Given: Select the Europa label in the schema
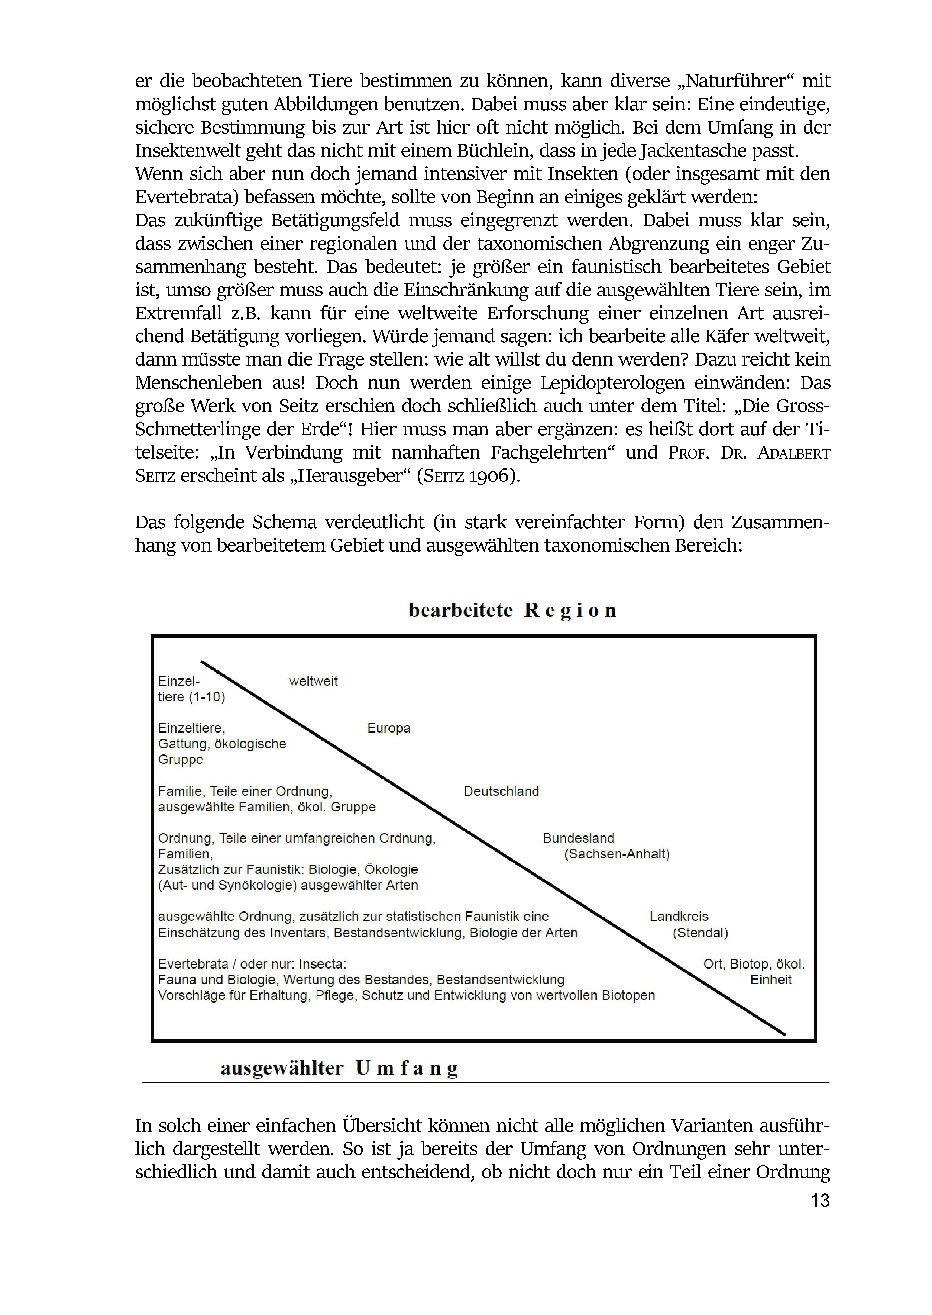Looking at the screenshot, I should click(x=388, y=728).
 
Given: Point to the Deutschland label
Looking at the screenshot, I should click(x=501, y=791).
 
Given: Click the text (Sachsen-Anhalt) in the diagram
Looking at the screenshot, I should click(x=617, y=854).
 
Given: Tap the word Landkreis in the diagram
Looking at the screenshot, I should click(x=679, y=916).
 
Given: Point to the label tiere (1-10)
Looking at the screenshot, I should click(x=191, y=697).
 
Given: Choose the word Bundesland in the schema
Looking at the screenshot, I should click(x=579, y=838).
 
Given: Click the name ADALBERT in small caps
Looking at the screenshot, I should click(x=794, y=453).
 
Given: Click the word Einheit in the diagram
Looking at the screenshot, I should click(x=771, y=979).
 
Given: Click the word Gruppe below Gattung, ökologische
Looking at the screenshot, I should click(x=181, y=760).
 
